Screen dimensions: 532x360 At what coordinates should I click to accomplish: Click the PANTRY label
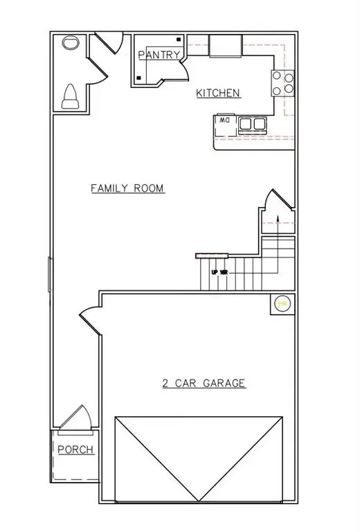click(x=159, y=55)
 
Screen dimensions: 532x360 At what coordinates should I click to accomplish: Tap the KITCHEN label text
click(x=218, y=93)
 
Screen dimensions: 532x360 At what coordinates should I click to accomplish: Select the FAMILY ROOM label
click(x=127, y=188)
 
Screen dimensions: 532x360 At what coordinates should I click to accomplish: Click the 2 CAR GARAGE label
click(x=204, y=383)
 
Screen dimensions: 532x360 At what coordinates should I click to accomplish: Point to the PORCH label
click(x=75, y=450)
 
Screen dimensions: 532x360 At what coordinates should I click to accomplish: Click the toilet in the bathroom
click(x=70, y=96)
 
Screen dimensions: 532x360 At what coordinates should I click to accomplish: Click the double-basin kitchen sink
click(x=252, y=123)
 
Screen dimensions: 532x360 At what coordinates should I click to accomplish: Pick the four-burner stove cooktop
click(x=283, y=83)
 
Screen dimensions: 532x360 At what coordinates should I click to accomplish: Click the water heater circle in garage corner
click(x=282, y=303)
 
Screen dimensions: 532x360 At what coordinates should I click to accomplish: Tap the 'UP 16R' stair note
click(x=219, y=272)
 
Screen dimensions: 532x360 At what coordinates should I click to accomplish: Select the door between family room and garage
click(x=91, y=320)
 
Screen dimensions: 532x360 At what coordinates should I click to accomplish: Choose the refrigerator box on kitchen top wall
click(x=224, y=46)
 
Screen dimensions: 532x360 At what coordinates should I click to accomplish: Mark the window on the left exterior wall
click(x=48, y=274)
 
